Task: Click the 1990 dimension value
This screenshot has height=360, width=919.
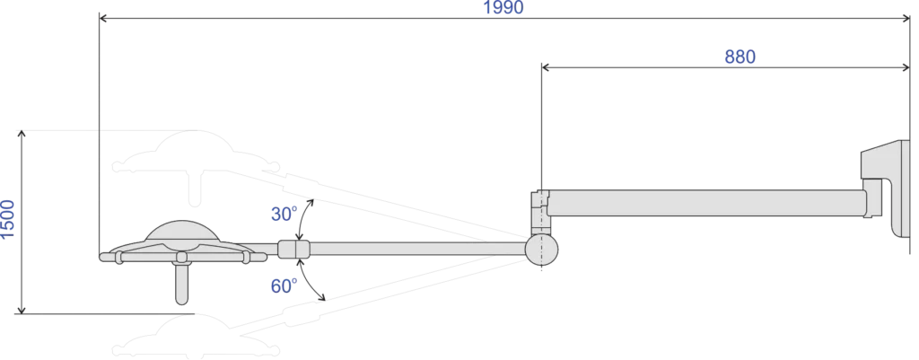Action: pos(503,7)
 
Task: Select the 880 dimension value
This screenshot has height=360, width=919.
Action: pos(740,57)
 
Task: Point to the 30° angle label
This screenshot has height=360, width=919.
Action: pos(284,214)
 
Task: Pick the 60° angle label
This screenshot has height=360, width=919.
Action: pos(284,286)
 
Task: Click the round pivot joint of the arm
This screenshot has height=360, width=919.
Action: pos(541,250)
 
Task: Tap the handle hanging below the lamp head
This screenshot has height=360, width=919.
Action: pos(181,284)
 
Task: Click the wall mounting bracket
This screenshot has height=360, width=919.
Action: pos(885,188)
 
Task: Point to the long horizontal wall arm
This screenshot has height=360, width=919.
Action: pos(706,203)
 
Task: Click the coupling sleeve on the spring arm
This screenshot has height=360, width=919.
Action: pos(293,250)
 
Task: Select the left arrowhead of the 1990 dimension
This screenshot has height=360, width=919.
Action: pos(104,19)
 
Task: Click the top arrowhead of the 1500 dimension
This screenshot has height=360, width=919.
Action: pos(22,135)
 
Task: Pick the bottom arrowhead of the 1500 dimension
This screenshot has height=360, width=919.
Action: pos(22,309)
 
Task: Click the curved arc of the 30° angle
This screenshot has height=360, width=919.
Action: pos(304,218)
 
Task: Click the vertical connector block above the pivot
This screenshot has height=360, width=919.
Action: pos(539,212)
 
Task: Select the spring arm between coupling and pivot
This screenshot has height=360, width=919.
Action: pos(417,250)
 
